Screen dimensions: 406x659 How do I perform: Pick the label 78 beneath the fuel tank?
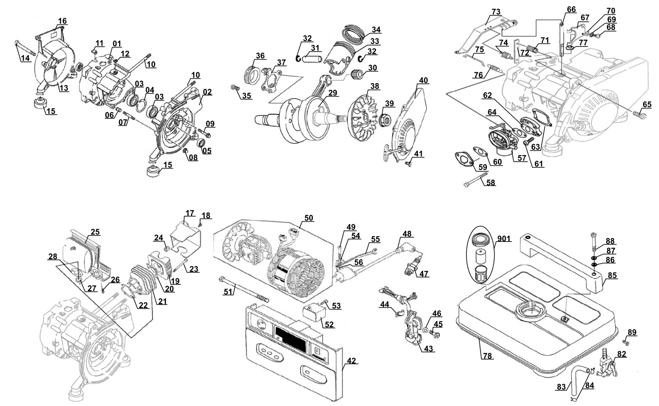487,355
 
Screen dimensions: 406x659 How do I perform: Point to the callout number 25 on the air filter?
95,232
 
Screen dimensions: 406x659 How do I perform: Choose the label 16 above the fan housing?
62,21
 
